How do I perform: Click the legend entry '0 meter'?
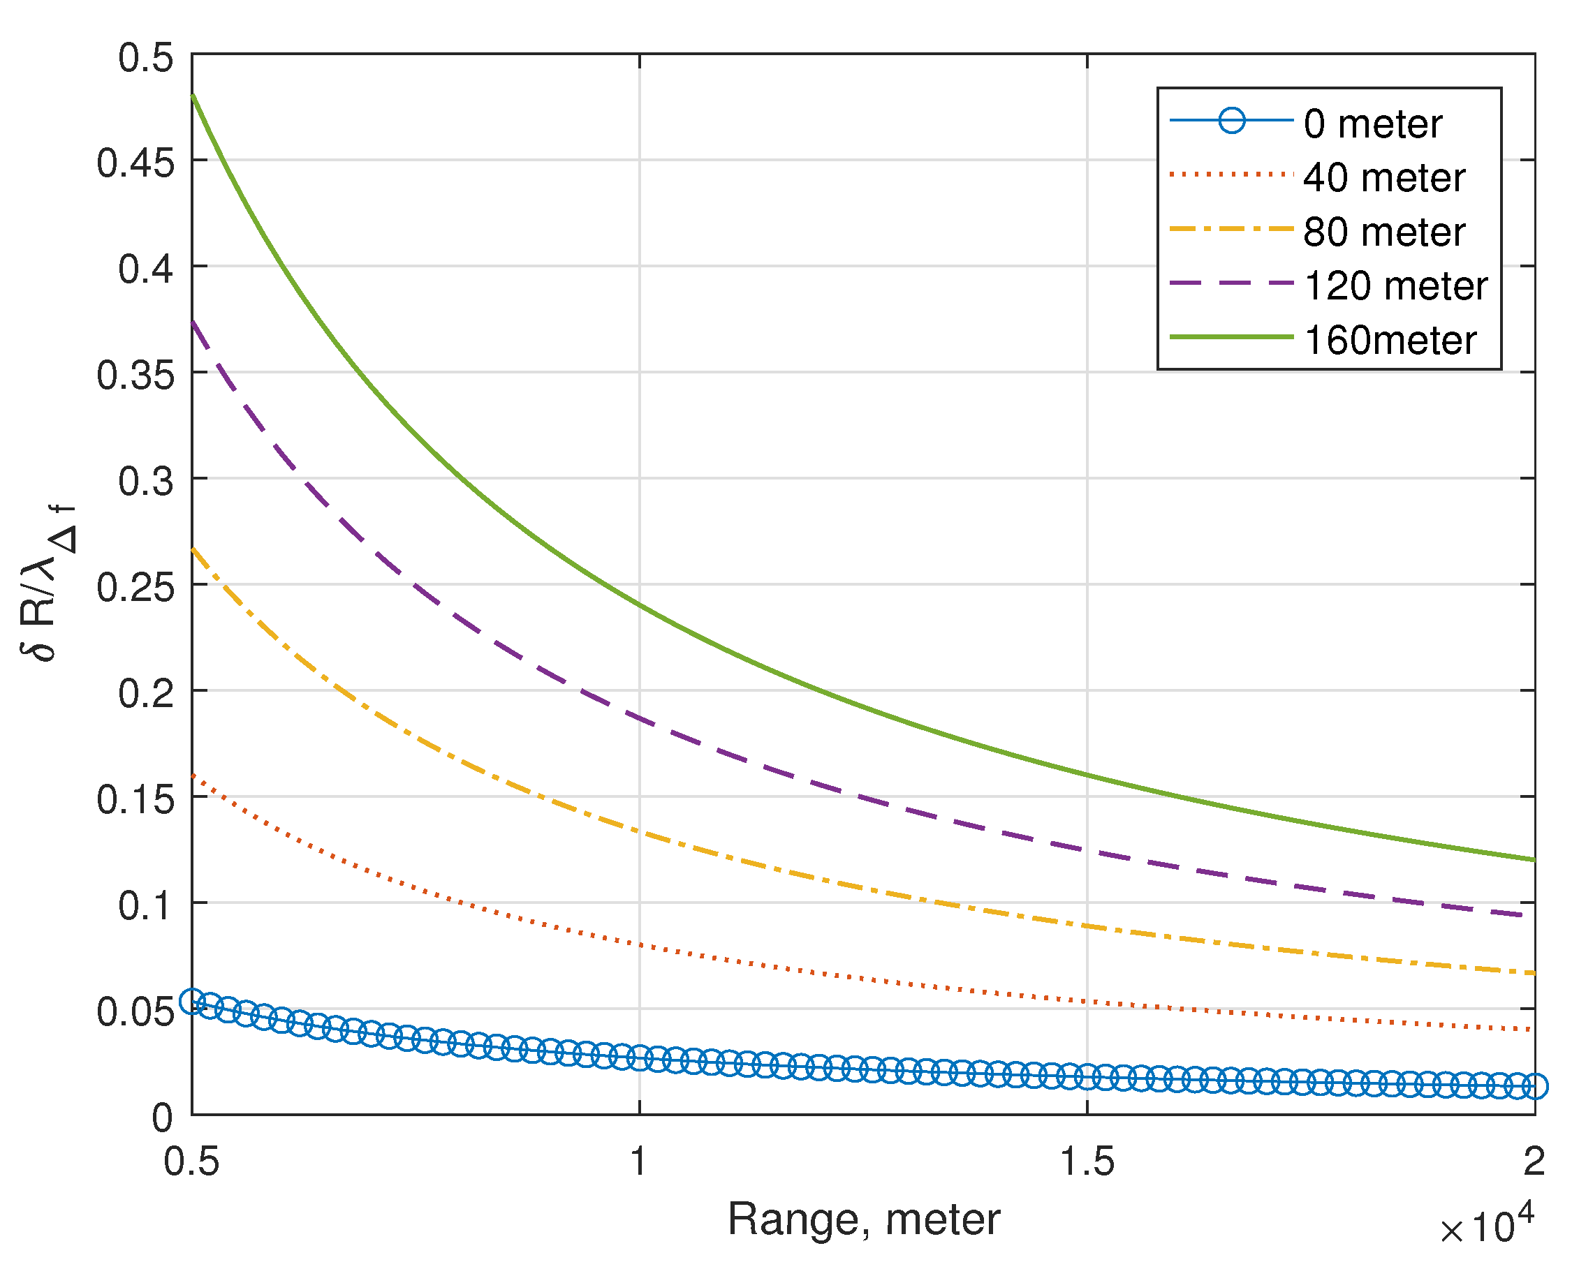(1373, 124)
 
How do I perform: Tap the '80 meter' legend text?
(1384, 232)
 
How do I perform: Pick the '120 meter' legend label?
(1396, 285)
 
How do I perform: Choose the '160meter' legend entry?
(1390, 341)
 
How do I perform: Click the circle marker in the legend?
(1232, 121)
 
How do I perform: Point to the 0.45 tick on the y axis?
(136, 162)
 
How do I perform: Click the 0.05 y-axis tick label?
(136, 1011)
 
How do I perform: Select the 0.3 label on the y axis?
(146, 481)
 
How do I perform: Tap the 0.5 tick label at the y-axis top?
(146, 57)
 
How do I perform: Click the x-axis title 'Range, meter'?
(863, 1219)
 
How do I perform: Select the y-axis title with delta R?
(48, 584)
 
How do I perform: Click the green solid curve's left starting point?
(192, 95)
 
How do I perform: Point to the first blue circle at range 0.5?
(192, 1001)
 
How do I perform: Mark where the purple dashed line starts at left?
(193, 322)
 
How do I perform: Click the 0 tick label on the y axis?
(162, 1118)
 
